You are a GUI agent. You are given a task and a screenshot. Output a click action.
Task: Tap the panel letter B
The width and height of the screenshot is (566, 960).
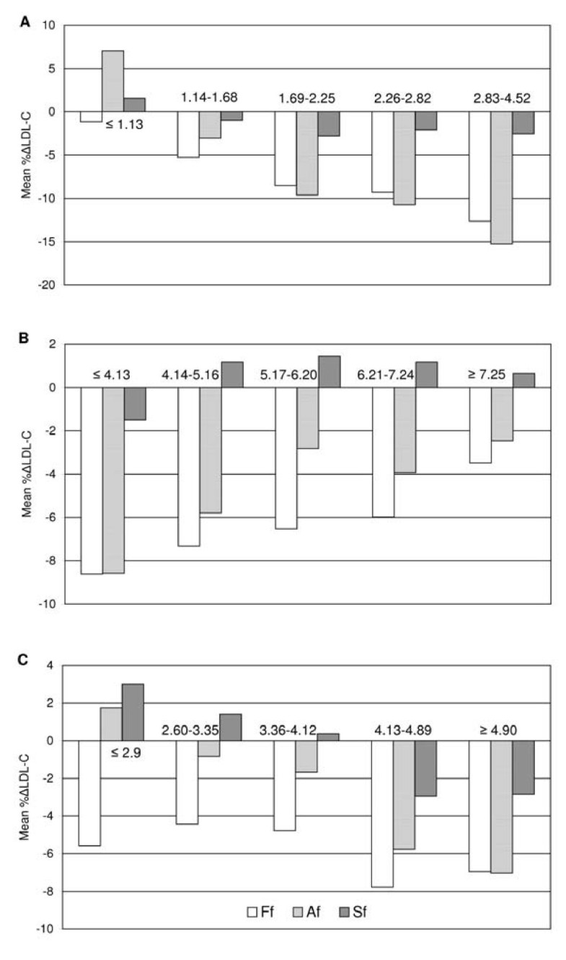click(25, 337)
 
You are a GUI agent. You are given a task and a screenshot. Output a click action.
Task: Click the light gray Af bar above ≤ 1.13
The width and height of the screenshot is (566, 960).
click(112, 81)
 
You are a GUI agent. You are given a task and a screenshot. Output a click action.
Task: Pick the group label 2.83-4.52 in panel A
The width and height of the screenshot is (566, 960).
click(501, 98)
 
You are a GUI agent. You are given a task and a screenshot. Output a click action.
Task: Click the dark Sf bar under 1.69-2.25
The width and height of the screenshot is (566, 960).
click(329, 124)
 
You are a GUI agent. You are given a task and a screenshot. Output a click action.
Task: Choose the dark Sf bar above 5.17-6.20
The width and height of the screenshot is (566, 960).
click(329, 372)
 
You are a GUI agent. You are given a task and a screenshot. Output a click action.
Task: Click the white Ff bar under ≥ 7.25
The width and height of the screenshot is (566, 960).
click(479, 425)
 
